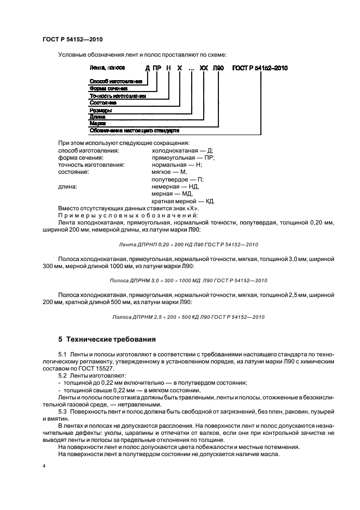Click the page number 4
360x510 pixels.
pos(44,466)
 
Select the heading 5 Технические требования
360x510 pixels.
pos(107,339)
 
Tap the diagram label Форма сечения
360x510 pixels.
pos(108,88)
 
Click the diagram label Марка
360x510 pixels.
pos(97,124)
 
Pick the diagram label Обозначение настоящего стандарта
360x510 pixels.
pos(134,131)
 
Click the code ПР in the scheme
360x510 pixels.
pos(157,68)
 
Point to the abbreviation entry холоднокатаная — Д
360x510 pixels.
pos(182,150)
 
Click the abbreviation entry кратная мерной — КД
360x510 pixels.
pos(183,201)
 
